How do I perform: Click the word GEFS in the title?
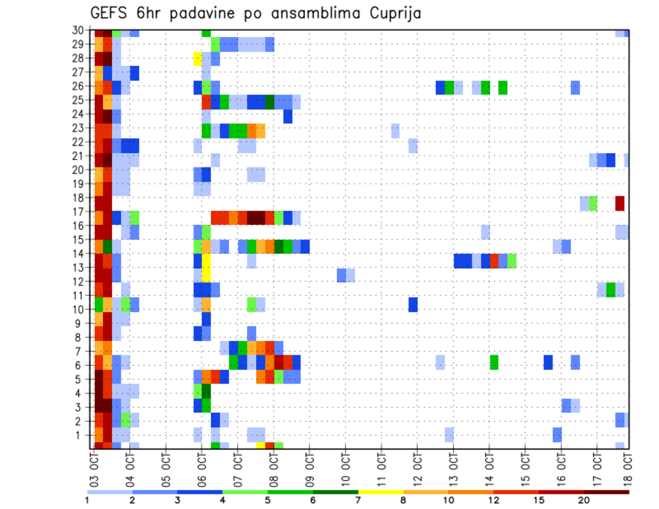click(x=111, y=13)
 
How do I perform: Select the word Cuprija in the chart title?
click(x=392, y=14)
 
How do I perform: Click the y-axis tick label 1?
click(x=79, y=435)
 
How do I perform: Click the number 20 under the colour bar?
click(x=583, y=500)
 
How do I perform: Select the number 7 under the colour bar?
click(x=358, y=500)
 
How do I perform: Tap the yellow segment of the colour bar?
click(x=381, y=491)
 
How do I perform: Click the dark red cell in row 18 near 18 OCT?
click(x=620, y=203)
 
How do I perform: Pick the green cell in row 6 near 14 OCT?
click(x=494, y=362)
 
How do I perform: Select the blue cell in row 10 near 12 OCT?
click(x=413, y=304)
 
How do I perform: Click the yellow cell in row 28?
click(x=198, y=58)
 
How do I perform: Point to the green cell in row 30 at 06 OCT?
click(x=206, y=32)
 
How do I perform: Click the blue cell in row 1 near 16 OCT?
click(x=557, y=435)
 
